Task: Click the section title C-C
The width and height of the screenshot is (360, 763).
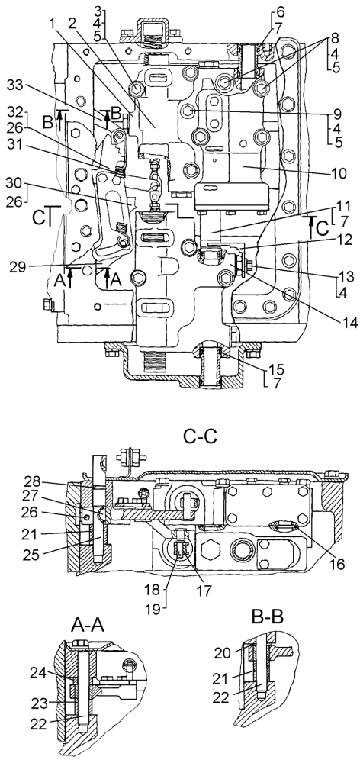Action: [200, 436]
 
